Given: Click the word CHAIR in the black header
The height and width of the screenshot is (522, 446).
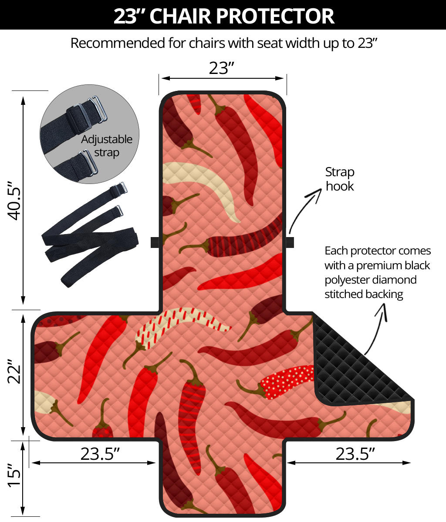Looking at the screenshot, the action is pos(180,16).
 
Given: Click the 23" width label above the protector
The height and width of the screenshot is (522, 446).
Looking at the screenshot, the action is pos(222,68).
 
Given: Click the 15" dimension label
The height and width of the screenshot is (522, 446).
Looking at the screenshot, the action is pos(14,475).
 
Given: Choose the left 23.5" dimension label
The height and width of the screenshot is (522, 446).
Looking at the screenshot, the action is pos(100,454).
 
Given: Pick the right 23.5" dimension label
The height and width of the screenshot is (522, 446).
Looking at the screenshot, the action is pos(355,454).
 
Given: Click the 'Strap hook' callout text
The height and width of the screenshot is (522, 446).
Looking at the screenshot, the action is pos(340,179).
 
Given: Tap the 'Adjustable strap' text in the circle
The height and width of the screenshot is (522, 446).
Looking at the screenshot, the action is pos(106,146).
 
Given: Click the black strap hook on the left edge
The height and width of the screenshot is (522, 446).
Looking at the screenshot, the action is pos(155,242).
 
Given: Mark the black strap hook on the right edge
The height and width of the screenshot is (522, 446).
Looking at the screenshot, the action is pos(290,242).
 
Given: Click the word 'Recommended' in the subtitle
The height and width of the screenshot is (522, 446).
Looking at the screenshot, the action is pos(118,43).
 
